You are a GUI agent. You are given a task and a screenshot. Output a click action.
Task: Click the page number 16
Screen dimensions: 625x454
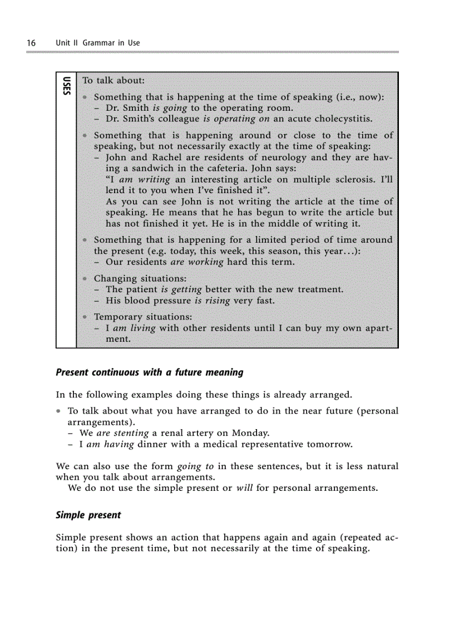point(31,43)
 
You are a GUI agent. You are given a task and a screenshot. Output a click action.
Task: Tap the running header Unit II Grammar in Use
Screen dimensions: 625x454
point(98,43)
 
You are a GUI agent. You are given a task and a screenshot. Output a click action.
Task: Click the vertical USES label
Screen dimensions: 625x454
point(66,86)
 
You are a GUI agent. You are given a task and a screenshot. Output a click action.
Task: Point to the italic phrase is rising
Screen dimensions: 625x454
point(213,301)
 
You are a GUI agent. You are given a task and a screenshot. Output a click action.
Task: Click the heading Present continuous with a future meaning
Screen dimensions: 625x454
point(150,372)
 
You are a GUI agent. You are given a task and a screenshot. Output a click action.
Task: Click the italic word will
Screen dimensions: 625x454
point(245,488)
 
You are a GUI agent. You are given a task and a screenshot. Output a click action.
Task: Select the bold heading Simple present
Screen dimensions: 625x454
point(88,515)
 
